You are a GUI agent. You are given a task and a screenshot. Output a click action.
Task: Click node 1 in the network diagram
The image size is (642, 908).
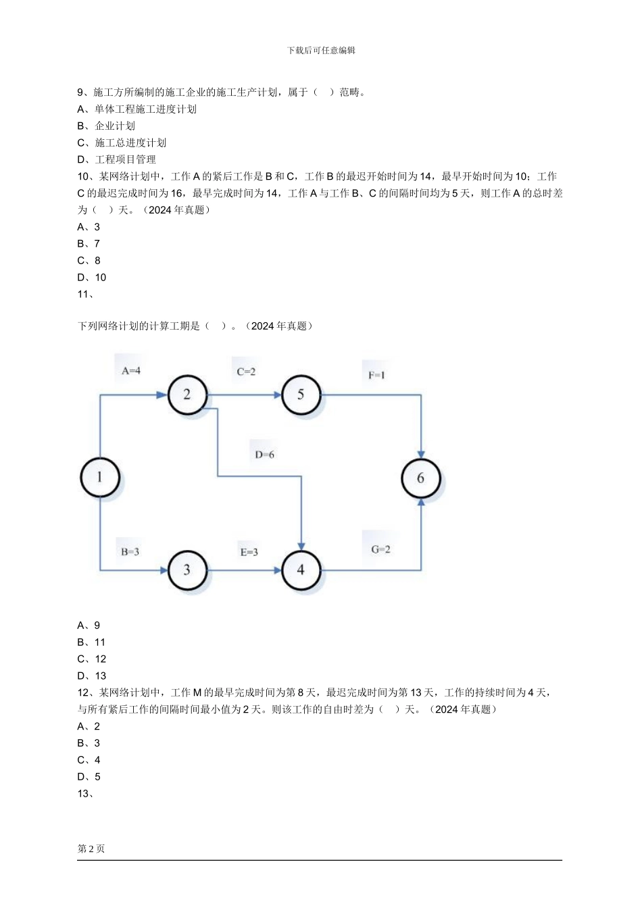click(x=100, y=478)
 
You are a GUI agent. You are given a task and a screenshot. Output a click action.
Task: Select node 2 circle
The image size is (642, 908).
click(x=187, y=394)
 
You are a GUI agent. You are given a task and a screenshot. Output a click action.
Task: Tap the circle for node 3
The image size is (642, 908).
click(x=187, y=570)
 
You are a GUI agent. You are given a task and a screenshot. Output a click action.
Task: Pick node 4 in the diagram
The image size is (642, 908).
click(x=301, y=570)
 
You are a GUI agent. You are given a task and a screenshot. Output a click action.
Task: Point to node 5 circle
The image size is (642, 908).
click(x=301, y=394)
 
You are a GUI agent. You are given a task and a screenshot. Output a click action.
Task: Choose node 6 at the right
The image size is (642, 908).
click(x=420, y=478)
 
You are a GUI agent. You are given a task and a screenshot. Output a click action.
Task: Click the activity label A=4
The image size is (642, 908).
click(x=131, y=370)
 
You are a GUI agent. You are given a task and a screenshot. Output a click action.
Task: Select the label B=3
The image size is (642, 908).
click(x=130, y=552)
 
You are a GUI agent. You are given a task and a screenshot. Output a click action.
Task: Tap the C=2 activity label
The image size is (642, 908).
click(x=246, y=372)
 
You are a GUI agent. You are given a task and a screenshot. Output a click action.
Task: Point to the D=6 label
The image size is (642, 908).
click(x=264, y=455)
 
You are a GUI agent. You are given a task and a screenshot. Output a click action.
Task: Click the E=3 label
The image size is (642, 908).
click(x=249, y=552)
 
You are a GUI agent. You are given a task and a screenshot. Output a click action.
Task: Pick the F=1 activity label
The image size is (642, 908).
click(x=376, y=375)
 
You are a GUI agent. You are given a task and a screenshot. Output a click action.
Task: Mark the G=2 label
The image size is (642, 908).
click(x=380, y=549)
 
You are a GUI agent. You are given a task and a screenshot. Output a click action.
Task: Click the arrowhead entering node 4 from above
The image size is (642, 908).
click(x=301, y=545)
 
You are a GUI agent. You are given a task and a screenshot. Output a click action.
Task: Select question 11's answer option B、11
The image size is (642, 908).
click(x=91, y=642)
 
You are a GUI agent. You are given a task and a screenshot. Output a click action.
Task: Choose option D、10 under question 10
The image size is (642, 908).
click(x=91, y=278)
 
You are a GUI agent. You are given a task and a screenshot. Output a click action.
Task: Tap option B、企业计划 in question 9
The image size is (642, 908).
click(x=106, y=126)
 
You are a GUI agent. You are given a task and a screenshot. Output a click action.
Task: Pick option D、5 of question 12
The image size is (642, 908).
click(x=89, y=777)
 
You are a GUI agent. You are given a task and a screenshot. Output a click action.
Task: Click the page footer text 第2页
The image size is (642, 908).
click(x=91, y=849)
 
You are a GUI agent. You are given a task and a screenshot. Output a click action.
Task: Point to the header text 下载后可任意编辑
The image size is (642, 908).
click(x=321, y=51)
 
